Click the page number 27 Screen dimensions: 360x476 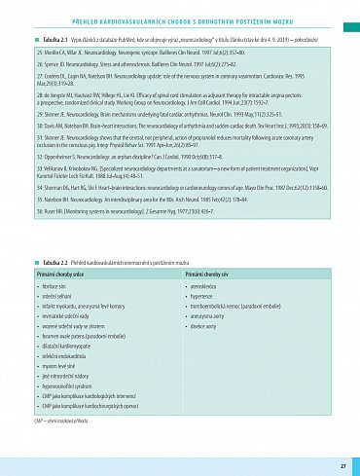pos(343,453)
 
